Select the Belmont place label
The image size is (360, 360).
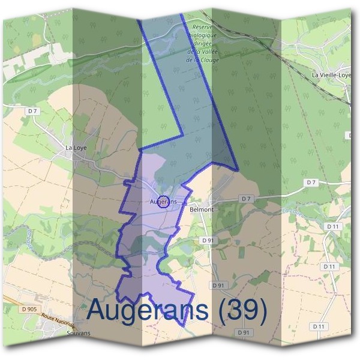[201, 209]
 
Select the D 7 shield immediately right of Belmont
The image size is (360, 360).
[246, 199]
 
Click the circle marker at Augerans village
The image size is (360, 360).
[166, 202]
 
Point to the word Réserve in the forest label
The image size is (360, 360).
[203, 27]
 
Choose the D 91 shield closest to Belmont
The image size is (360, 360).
[208, 240]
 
